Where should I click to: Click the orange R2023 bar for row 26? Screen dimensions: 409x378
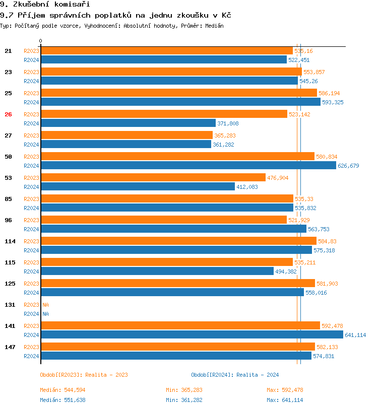point(164,114)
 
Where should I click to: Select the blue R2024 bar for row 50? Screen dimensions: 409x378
point(188,166)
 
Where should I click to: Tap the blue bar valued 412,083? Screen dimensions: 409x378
point(138,187)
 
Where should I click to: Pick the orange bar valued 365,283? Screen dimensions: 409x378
point(127,135)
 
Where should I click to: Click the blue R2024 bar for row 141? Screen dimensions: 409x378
point(192,335)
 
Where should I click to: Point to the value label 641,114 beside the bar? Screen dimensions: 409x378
point(355,335)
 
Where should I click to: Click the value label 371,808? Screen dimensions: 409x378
point(228,123)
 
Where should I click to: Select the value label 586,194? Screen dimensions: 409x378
point(329,93)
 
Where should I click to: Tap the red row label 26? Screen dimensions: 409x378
point(8,114)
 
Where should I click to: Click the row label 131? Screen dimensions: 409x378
point(10,305)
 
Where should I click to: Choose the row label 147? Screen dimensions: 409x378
point(10,347)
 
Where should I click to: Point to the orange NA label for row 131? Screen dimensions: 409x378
point(45,305)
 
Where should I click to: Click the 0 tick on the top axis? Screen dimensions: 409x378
point(41,41)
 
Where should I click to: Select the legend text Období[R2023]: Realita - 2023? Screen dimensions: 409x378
point(84,375)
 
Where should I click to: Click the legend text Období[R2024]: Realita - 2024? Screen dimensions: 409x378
point(235,375)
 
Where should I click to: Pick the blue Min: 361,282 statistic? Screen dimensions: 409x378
point(184,400)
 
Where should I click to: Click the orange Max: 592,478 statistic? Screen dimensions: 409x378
point(285,390)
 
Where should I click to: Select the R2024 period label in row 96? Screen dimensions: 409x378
point(31,229)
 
